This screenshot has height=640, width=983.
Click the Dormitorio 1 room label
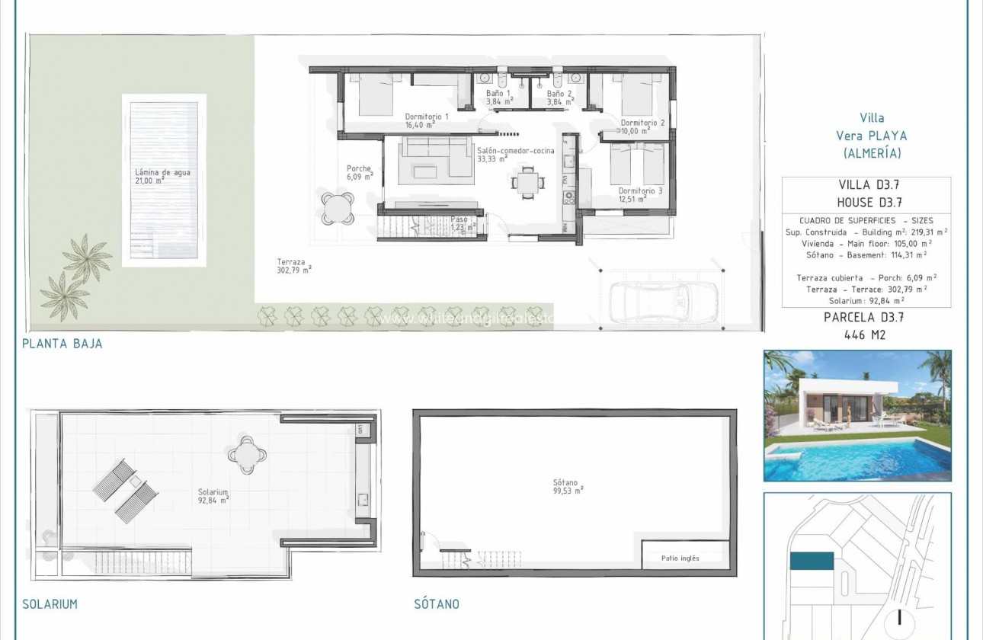[426, 117]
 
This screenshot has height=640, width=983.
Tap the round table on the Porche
[338, 206]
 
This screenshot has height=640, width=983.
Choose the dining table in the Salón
[527, 182]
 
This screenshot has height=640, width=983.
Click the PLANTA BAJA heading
[62, 344]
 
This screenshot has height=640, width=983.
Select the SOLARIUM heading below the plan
[50, 604]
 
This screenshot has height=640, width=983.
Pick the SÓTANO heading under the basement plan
[437, 604]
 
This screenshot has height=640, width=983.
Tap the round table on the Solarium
[248, 456]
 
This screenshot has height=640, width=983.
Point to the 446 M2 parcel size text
[866, 334]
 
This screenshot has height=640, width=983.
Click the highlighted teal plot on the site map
[812, 562]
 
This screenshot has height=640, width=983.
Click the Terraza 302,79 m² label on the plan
[294, 264]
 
